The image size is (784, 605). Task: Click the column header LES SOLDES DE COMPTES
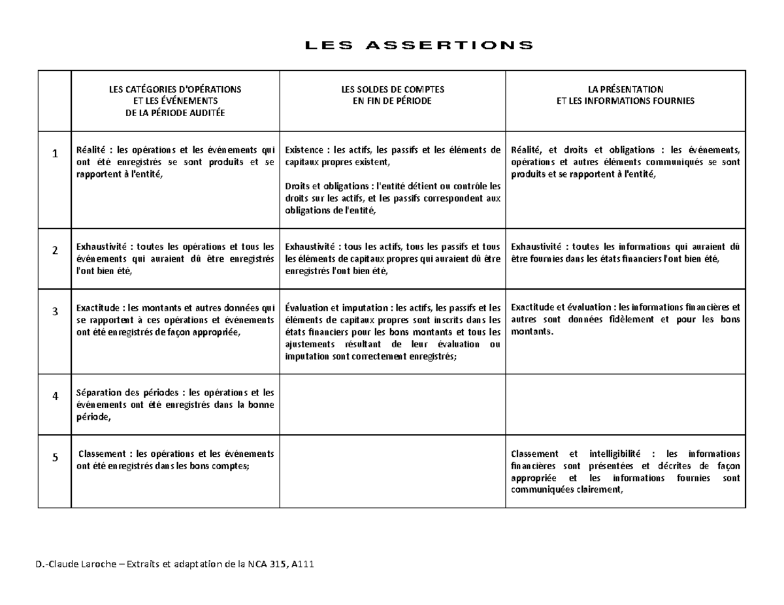pos(392,89)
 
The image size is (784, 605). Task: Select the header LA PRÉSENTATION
pos(625,89)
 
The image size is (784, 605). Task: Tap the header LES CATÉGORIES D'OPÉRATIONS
pos(174,89)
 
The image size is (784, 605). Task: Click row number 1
pos(56,153)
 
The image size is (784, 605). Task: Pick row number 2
pos(56,250)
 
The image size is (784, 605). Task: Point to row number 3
pos(56,311)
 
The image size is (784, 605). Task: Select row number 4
pos(56,396)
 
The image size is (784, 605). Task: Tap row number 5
pos(56,458)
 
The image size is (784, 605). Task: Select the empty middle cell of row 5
pos(393,474)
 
